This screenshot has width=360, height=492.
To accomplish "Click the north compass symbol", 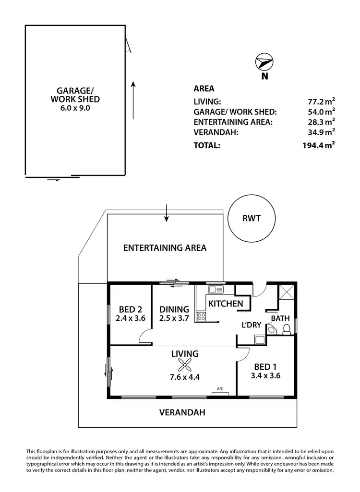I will coord(264,63).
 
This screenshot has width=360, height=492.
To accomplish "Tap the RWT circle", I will coord(251,219).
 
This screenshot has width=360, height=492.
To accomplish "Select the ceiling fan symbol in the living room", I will coord(185,366).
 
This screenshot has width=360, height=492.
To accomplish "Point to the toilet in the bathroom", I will coord(287,329).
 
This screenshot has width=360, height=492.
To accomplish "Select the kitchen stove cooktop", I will coord(202,316).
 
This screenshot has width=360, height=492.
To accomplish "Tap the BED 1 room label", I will coord(265,367).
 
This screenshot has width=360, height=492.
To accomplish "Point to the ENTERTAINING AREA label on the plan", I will coord(165,248).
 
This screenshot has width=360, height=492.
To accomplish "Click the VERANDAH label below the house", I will coord(182,412).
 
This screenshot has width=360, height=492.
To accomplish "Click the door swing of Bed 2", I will coord(144,338).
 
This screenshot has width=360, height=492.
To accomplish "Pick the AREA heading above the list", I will coord(204,89).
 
